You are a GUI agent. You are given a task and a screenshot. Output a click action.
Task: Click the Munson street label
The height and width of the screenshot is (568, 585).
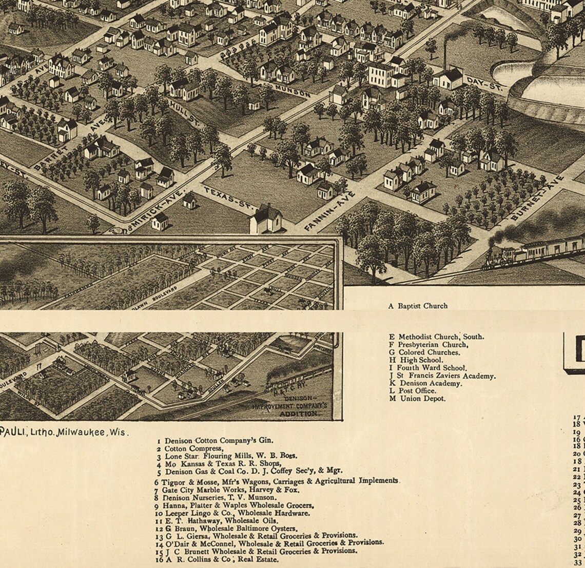tap(293, 91)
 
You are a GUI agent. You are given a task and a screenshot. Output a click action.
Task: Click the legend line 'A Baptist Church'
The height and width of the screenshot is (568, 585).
tap(418, 306)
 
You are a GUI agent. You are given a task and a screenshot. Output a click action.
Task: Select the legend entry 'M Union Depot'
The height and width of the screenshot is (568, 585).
tap(417, 398)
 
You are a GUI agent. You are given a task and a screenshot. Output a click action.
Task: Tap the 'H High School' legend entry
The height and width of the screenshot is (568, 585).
tap(416, 360)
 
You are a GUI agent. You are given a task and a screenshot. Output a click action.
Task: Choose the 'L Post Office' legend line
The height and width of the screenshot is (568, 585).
tap(413, 390)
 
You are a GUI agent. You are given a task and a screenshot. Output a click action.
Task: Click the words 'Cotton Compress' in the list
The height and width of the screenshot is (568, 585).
tap(193, 448)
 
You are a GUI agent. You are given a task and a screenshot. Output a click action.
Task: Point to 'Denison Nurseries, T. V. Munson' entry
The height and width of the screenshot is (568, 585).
tap(219, 497)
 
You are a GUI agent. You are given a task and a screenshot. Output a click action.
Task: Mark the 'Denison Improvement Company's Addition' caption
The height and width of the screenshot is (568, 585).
tap(298, 405)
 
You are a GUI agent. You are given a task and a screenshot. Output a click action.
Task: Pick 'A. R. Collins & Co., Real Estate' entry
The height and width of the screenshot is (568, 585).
tap(221, 559)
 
